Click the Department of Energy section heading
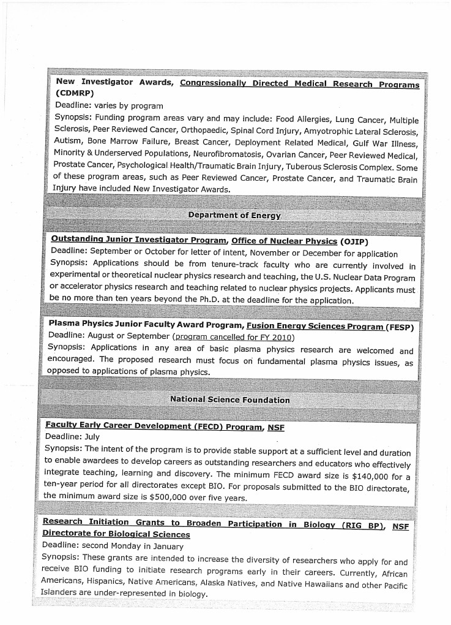[x=234, y=215]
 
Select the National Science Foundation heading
[x=230, y=400]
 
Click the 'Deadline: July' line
[x=72, y=437]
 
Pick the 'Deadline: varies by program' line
[x=109, y=105]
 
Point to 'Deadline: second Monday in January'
[x=113, y=546]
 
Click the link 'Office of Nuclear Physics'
[x=284, y=241]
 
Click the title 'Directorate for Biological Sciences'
[x=116, y=534]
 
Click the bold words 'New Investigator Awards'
[x=115, y=81]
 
